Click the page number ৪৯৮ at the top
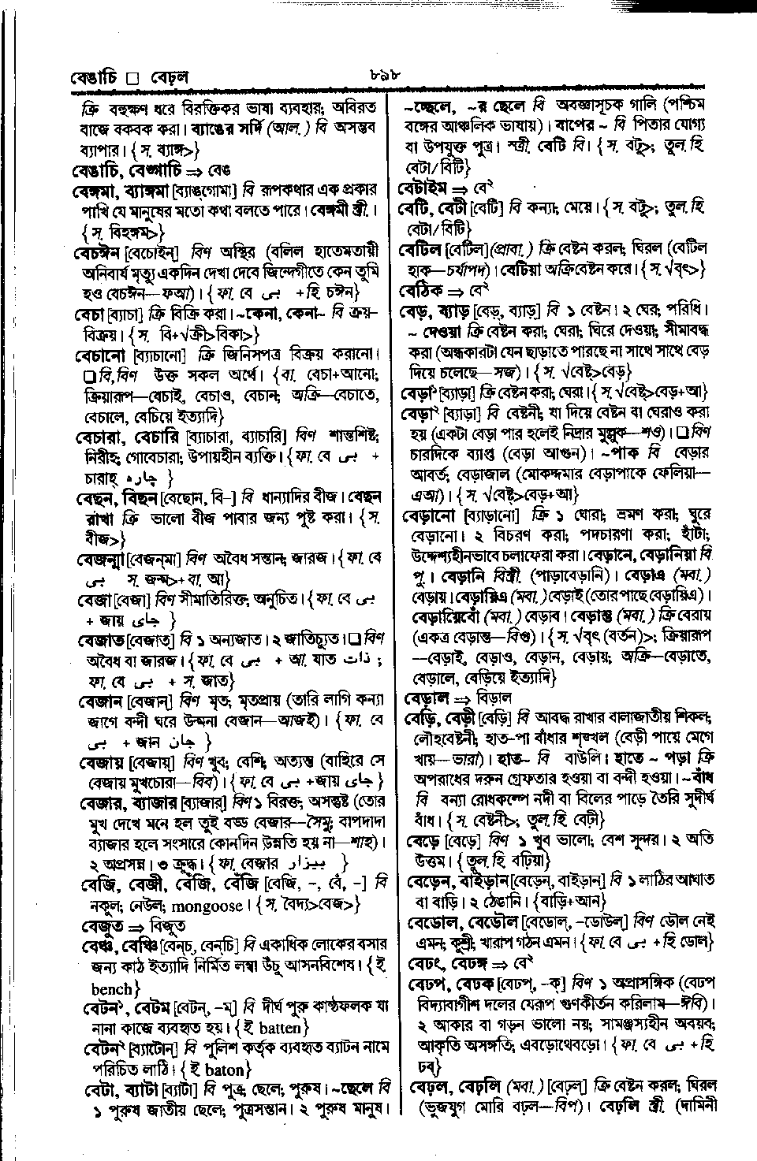(385, 76)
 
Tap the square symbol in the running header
(132, 79)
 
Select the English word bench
(112, 988)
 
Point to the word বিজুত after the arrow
(166, 925)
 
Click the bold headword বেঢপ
(427, 984)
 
